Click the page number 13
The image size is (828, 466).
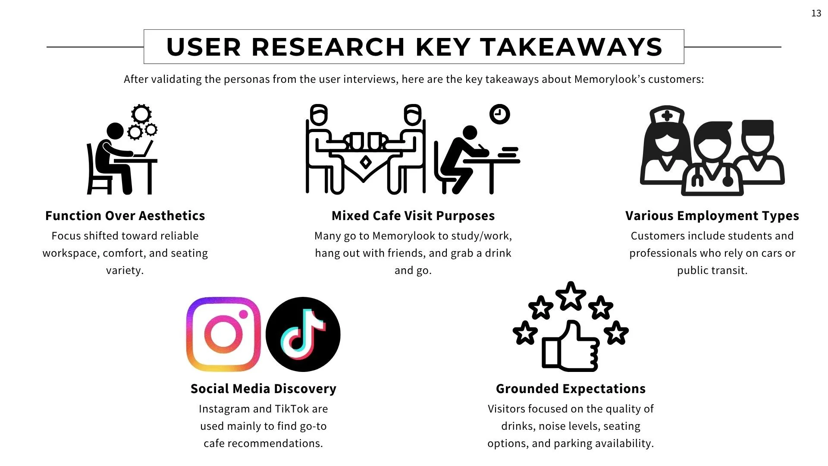(816, 13)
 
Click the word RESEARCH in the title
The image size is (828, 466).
(328, 47)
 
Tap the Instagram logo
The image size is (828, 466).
(223, 334)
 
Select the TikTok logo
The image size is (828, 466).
(303, 334)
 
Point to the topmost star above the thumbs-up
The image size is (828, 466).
(571, 296)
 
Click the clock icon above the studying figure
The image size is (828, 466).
(499, 114)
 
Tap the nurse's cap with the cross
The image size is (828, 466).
(667, 115)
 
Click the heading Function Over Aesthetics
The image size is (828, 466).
(125, 216)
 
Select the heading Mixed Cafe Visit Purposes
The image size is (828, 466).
(413, 216)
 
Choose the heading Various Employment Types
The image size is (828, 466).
(712, 216)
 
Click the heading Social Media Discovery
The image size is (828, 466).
(263, 389)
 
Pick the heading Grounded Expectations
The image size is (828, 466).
(571, 389)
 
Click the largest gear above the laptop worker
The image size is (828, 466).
(141, 114)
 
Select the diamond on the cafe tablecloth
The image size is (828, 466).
(366, 162)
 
